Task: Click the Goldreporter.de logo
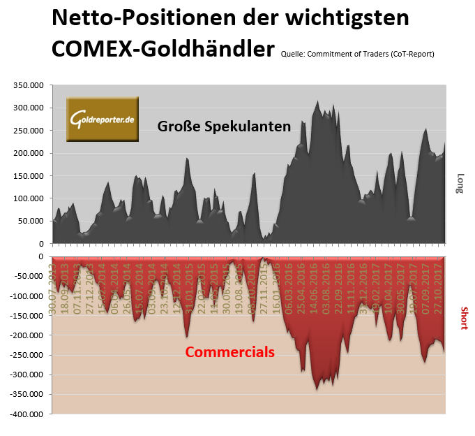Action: tap(103, 119)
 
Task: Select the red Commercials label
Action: tap(229, 352)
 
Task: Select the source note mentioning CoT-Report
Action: tap(358, 54)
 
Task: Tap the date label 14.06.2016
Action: tap(315, 287)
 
